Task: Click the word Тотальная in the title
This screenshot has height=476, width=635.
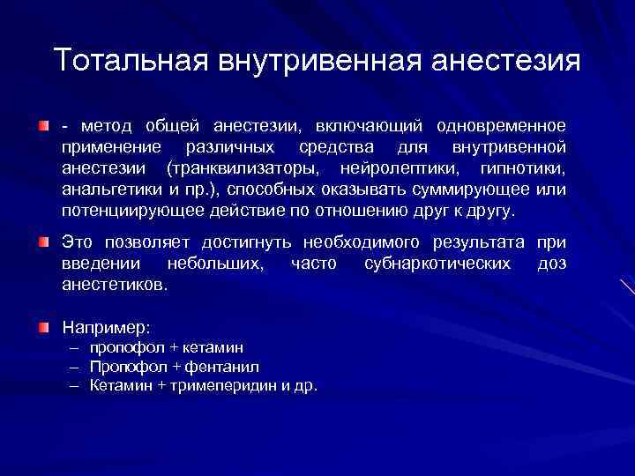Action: (x=125, y=62)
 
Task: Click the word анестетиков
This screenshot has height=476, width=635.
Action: (x=115, y=285)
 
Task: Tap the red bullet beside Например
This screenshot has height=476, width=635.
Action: (x=43, y=327)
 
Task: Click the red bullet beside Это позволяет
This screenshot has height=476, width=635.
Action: (x=43, y=242)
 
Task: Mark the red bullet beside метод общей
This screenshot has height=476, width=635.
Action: (x=43, y=127)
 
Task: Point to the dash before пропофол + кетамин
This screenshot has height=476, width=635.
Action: (x=77, y=347)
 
